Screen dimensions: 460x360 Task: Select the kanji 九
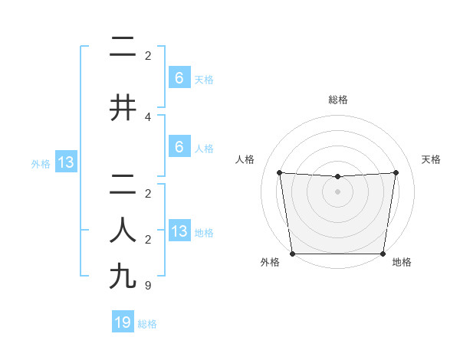tap(123, 276)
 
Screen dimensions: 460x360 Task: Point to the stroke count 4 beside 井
tap(148, 117)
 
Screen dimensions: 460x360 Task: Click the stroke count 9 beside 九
tap(148, 286)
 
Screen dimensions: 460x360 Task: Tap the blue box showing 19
tap(123, 322)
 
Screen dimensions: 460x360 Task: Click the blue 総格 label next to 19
tap(147, 324)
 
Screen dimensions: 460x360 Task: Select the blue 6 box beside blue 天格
tap(179, 77)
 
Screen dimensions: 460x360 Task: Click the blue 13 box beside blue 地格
tap(179, 231)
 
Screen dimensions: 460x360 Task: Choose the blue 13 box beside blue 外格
tap(64, 162)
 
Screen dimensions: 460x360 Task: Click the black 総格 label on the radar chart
tap(337, 100)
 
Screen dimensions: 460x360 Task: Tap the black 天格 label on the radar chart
tap(432, 159)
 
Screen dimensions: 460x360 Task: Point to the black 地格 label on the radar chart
tap(402, 262)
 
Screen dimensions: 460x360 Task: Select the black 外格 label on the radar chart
tap(270, 262)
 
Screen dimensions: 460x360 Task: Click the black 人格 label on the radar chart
tap(245, 159)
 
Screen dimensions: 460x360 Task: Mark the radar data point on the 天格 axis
tap(396, 172)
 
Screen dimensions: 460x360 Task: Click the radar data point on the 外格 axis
tap(292, 254)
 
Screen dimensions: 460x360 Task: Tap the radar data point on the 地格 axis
tap(383, 254)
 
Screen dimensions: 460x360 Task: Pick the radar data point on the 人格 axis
tap(279, 172)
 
